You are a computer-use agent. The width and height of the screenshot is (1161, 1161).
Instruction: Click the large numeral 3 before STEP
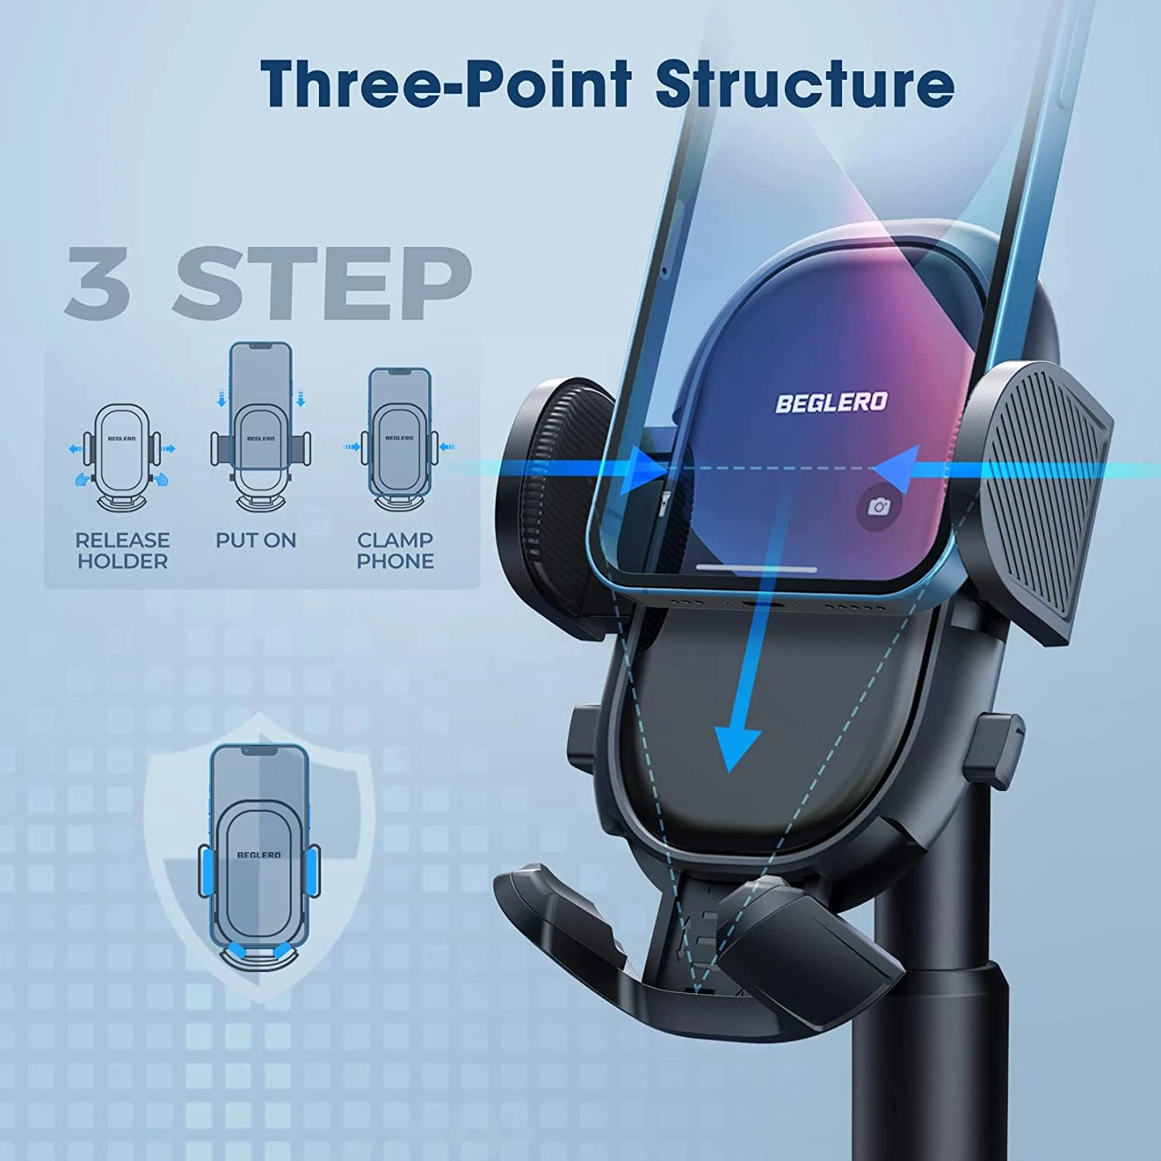pos(98,283)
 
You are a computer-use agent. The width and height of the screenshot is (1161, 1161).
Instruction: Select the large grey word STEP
pos(322,283)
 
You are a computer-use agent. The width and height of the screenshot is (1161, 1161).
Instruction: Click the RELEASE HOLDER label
pos(122,550)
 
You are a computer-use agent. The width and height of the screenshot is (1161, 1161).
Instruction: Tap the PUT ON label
pos(256,540)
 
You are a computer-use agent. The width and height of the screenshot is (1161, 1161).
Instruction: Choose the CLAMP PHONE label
pos(396,550)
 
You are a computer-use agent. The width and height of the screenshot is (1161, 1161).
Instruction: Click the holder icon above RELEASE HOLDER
pos(122,457)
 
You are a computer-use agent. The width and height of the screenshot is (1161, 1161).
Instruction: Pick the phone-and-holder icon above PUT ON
pos(261,426)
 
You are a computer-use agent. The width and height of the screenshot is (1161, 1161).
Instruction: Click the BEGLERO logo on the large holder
pos(831,402)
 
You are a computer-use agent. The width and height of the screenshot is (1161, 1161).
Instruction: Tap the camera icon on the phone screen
pos(879,507)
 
